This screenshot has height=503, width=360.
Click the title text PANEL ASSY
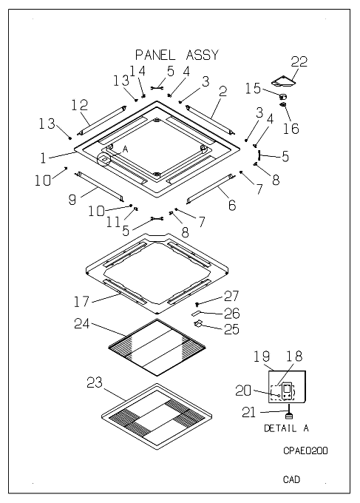coord(177,55)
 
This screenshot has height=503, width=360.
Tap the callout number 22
coord(299,61)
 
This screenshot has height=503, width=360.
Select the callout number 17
coord(81,302)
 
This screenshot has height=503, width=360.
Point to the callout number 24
coord(82,324)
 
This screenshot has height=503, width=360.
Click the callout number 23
coord(95,382)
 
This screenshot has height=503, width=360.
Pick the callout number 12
coord(79,105)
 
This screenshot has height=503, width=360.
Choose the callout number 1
coord(44,158)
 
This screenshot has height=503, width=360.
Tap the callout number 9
coord(72,200)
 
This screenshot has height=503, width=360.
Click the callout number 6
coord(232,205)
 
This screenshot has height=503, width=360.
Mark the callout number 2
coord(223,92)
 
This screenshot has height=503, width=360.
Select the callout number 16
coord(291,128)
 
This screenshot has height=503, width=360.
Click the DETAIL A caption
coord(286,428)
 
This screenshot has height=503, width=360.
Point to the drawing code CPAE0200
coord(305,450)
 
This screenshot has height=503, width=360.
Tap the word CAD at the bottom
coord(291,479)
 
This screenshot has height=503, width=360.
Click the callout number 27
coord(231,296)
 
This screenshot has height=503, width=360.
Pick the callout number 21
coord(249,412)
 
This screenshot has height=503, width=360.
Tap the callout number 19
coord(262,357)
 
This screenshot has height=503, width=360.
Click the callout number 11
coord(113,222)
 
